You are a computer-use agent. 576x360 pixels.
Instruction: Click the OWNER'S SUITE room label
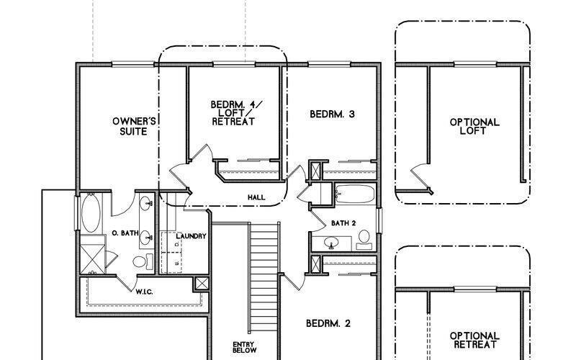tap(130, 125)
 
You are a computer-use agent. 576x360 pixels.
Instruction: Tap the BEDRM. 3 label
tap(333, 114)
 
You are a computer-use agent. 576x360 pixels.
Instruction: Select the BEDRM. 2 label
tap(328, 323)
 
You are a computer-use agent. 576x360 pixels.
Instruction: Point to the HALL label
tap(256, 196)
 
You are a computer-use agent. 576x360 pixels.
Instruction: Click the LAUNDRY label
tap(192, 236)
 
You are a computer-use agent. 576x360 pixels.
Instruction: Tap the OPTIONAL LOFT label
tap(474, 127)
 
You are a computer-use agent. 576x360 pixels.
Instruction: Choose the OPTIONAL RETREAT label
tap(474, 341)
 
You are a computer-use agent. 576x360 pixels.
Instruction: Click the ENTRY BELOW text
tap(244, 348)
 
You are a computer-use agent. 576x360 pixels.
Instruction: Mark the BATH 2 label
tap(343, 222)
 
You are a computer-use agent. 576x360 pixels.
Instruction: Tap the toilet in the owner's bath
tap(149, 260)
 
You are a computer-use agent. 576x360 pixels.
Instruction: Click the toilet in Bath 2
tap(364, 238)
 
